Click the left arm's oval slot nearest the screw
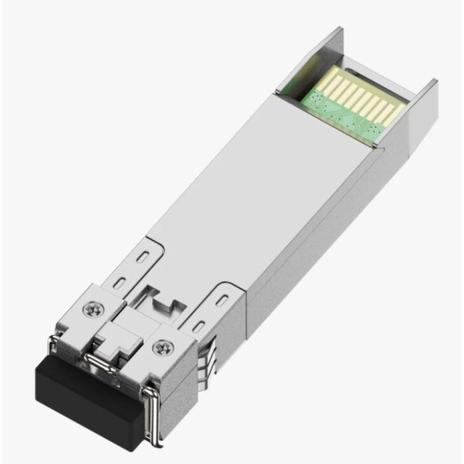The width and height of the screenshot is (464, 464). tap(121, 278)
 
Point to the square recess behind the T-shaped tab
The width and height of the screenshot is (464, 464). tap(160, 303)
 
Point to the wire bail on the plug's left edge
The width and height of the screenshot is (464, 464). tap(63, 357)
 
